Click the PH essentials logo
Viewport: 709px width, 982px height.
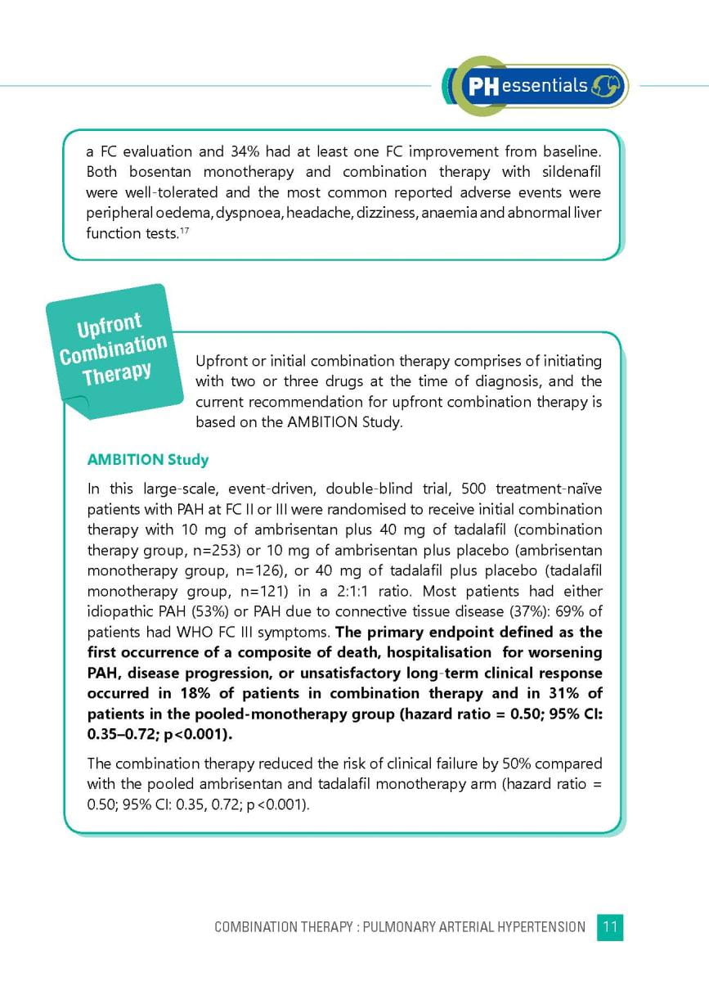point(536,86)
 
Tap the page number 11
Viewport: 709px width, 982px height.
point(610,926)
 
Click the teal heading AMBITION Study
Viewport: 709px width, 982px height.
point(148,460)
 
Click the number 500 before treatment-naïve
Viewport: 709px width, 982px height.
point(474,489)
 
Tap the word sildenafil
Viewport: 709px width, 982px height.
point(569,172)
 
